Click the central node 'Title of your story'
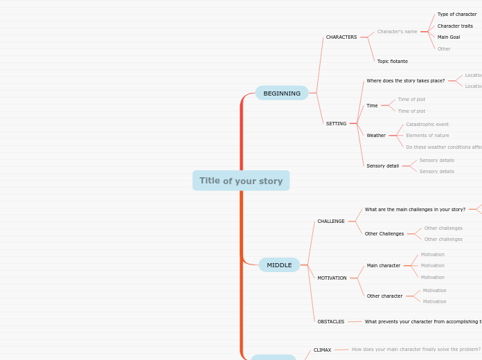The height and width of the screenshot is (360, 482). pos(241,181)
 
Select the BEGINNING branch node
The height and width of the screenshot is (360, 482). pos(282,93)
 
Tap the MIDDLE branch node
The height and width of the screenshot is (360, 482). pos(279,265)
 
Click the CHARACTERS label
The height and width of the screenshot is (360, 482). pos(341,37)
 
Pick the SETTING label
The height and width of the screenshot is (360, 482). pos(336,124)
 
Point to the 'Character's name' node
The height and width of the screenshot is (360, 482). pos(397,32)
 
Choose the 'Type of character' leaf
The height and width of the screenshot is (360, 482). pos(457,15)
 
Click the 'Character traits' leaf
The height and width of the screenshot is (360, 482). pos(455,26)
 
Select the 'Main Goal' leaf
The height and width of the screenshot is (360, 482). pos(449,37)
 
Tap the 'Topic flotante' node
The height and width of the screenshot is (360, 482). pos(393,62)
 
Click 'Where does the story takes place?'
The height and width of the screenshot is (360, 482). pos(406,81)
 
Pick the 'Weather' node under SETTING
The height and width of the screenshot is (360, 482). pos(376,136)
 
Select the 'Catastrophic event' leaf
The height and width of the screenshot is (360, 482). pos(427,125)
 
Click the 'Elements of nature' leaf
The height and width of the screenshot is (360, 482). pos(427,136)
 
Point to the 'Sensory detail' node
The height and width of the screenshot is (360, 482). pos(383,166)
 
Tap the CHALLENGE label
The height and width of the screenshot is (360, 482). pos(331,222)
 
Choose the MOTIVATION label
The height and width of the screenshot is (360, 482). pos(332,278)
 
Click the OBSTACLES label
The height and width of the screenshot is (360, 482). pos(331,322)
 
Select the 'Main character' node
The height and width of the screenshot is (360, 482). pos(384,266)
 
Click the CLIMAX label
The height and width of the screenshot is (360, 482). pos(322,350)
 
